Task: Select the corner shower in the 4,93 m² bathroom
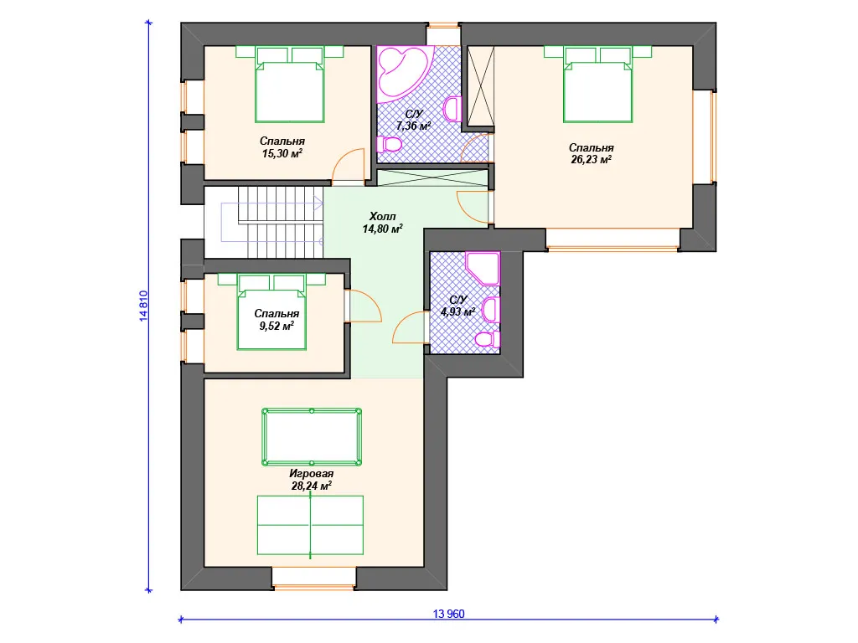pos(483,268)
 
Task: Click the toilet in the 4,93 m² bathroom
pos(487,339)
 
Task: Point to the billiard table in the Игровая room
pos(312,437)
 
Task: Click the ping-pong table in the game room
pos(310,526)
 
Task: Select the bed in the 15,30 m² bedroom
pos(289,85)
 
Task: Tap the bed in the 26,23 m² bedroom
pos(597,85)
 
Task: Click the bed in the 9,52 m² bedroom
pos(271,311)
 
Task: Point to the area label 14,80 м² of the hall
pos(382,229)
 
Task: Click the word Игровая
pos(312,474)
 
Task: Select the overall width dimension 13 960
pos(449,614)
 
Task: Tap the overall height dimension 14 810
pos(143,306)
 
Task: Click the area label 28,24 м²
pos(312,486)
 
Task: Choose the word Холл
pos(382,217)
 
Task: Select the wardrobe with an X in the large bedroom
pos(481,86)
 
